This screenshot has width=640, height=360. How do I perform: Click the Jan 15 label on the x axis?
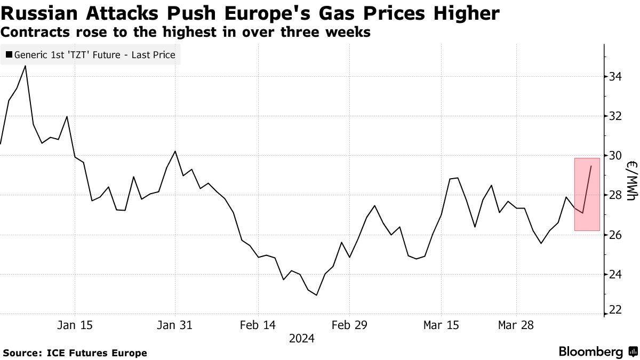tap(75, 325)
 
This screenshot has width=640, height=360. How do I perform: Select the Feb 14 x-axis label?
tap(258, 325)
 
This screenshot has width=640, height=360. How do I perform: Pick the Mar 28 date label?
tap(516, 325)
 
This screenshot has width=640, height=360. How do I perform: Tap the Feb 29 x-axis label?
tap(349, 325)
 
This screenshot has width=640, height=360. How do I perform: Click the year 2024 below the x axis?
tap(301, 339)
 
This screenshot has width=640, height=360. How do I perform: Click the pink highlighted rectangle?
tap(587, 194)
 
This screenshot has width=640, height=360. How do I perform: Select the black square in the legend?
tap(9, 54)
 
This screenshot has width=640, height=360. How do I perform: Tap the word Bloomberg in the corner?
tap(590, 352)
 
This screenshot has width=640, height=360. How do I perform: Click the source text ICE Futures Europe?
tap(97, 353)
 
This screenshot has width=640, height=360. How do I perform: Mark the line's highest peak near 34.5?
tap(26, 66)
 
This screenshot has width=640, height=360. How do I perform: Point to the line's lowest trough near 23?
tap(317, 295)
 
